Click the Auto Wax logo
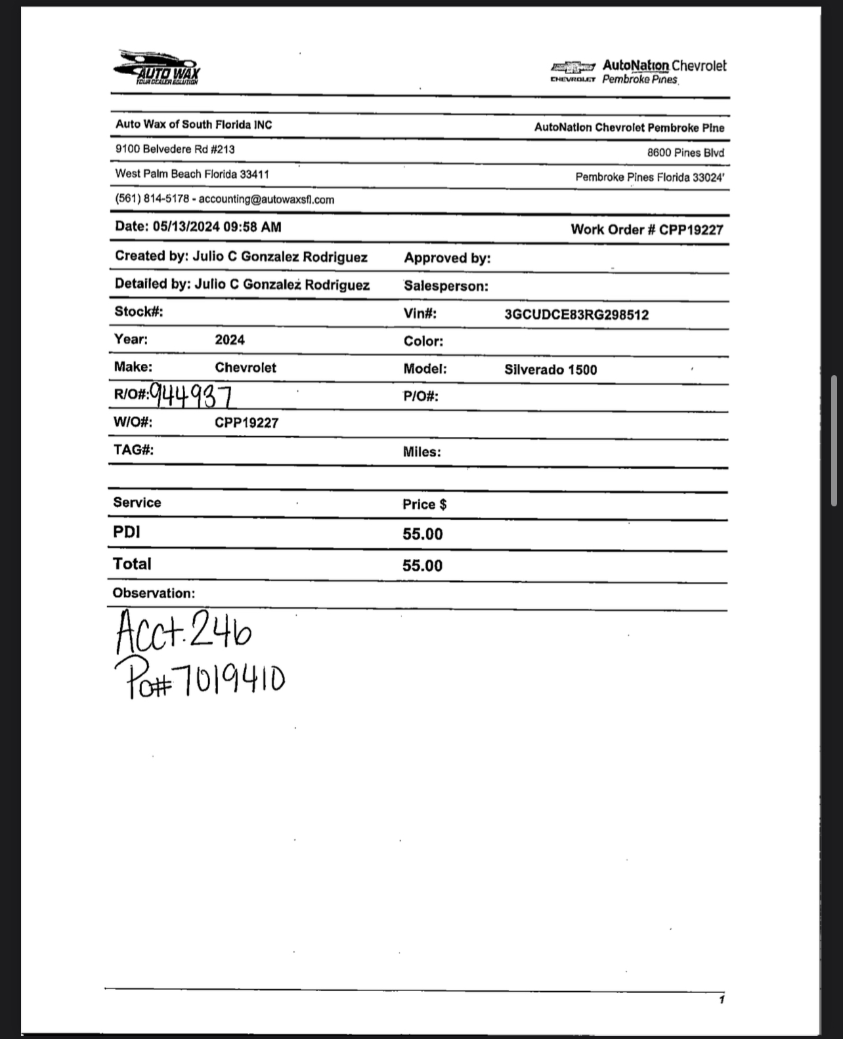[158, 68]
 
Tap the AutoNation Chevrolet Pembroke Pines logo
[639, 71]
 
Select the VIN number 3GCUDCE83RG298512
[576, 315]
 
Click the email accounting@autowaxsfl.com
[266, 199]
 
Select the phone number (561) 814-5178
[152, 199]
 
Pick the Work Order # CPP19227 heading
[647, 230]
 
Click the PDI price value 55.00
[423, 534]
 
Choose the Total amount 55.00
[422, 565]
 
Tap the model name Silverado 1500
[551, 370]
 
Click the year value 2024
[230, 340]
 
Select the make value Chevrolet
[246, 368]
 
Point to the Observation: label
[154, 594]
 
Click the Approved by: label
[447, 258]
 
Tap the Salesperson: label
[446, 286]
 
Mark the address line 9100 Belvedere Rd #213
[175, 150]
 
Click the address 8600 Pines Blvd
[685, 153]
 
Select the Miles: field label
[421, 452]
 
